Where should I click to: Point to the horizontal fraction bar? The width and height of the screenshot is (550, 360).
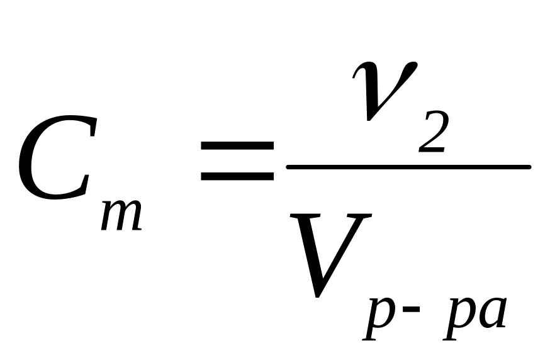(408, 167)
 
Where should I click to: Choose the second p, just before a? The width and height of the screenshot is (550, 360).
(458, 318)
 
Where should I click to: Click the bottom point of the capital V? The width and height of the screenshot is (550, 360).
(320, 296)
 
